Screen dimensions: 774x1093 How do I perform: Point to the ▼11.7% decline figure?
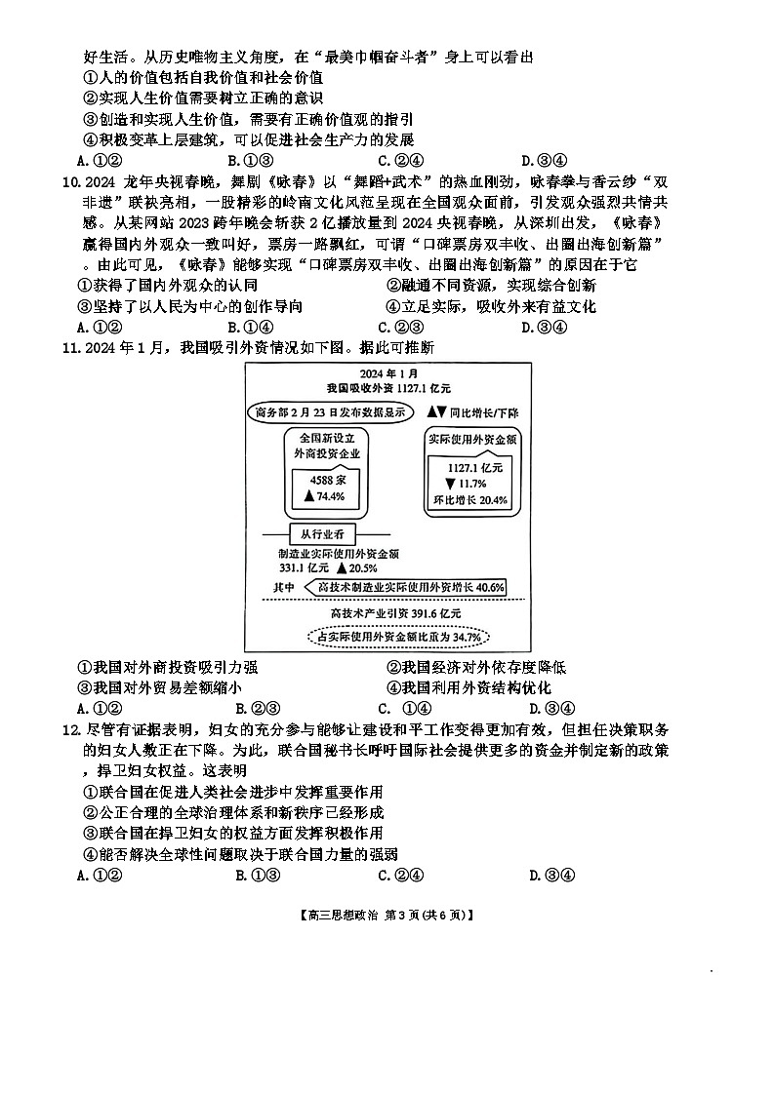466,484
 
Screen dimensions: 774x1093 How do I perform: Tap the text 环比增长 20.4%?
470,500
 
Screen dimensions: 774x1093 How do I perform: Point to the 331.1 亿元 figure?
305,567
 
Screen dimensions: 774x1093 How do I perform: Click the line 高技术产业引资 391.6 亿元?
395,613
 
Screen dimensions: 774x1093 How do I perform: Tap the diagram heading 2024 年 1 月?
387,373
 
